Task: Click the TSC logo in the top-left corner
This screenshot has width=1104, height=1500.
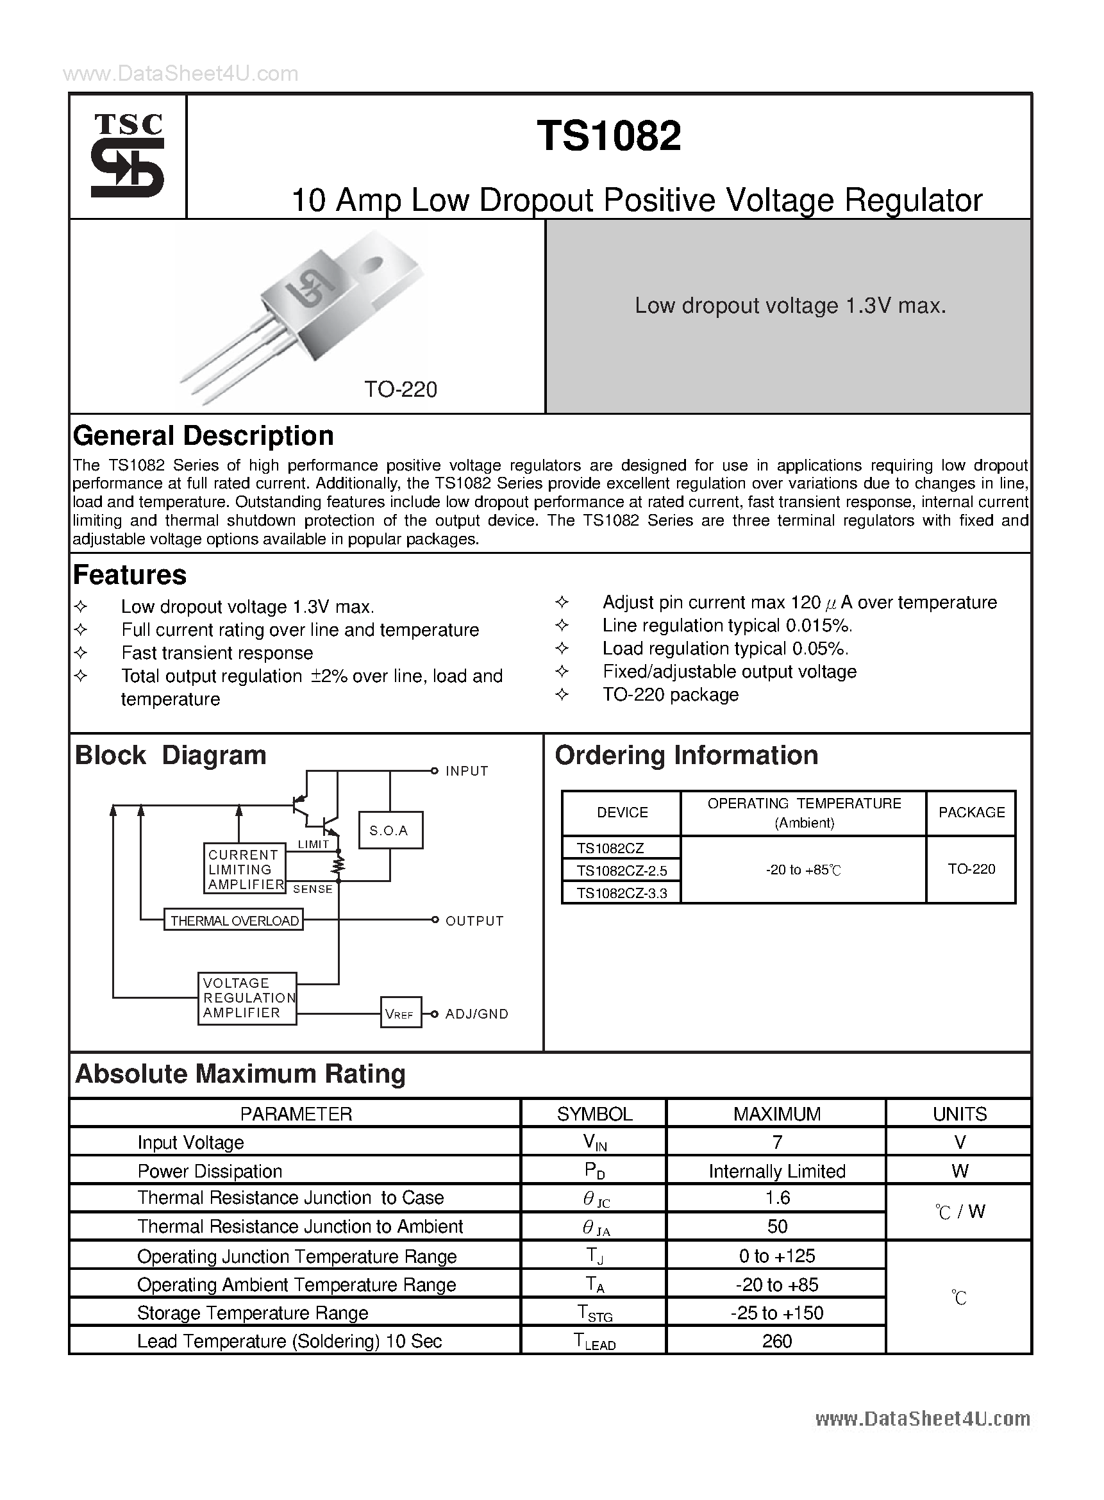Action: pos(127,156)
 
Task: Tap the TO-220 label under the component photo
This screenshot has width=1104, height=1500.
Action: pos(400,390)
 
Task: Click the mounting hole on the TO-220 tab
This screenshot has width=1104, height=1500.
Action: pos(372,265)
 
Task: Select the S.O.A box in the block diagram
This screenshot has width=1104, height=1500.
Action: pos(390,831)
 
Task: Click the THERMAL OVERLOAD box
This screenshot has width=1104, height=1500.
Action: pos(234,921)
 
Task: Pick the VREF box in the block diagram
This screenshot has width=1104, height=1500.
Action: pos(400,1014)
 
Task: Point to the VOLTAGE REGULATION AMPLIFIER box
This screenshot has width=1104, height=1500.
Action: pos(247,998)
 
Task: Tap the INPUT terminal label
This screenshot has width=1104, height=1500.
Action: pos(467,771)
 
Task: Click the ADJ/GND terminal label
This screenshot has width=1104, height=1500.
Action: pos(476,1014)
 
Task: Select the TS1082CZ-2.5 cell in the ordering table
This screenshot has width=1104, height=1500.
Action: pos(621,871)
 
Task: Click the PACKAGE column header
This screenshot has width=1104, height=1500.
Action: pos(971,812)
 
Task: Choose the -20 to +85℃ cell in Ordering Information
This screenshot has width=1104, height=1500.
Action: pos(803,870)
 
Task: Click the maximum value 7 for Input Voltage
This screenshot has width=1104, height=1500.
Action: pos(776,1142)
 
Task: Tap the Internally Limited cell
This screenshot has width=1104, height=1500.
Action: pos(776,1171)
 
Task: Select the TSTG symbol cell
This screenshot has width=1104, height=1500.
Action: pos(594,1313)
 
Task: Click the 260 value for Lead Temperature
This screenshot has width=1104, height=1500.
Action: pos(776,1342)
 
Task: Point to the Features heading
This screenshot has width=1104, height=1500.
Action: pos(130,575)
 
